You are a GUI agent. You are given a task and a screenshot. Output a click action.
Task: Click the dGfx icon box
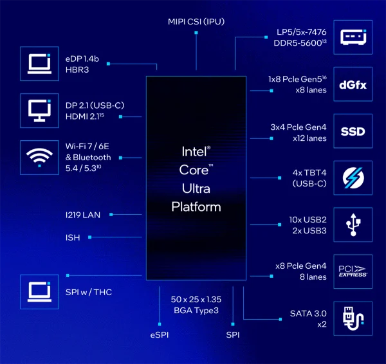(x=353, y=84)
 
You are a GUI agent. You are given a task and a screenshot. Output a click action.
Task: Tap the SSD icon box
(x=353, y=132)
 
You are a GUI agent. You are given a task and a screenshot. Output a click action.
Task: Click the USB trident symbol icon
(x=353, y=224)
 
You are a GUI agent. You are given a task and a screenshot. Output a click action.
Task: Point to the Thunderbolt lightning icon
(x=353, y=177)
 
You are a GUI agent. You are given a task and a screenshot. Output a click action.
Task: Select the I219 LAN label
(x=83, y=214)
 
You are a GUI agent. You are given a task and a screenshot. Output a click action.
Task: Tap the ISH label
(x=73, y=237)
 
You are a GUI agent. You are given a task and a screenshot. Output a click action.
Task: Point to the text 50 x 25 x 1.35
(x=197, y=300)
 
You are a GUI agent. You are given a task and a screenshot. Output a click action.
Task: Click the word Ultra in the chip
(x=196, y=189)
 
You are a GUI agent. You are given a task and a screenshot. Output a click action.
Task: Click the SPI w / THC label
(x=89, y=293)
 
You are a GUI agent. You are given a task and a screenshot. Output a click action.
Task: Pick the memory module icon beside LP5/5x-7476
(x=353, y=38)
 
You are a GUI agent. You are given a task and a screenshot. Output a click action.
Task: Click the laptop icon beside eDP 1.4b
(x=39, y=63)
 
